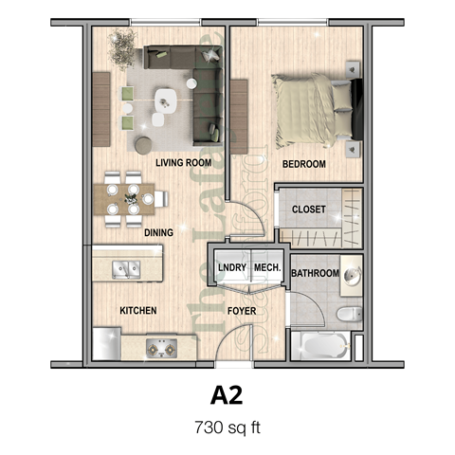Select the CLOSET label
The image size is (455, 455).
309,209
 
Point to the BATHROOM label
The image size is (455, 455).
315,274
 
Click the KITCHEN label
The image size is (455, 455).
137,311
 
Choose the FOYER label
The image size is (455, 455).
245,311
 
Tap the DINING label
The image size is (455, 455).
158,231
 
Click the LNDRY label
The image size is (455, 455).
232,268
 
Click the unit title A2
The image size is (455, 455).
227,392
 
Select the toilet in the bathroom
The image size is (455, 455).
347,313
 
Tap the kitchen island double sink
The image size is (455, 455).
125,269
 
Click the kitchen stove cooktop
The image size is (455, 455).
162,348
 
